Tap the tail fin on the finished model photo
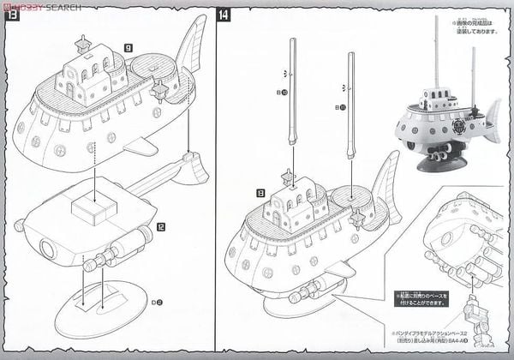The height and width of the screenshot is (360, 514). point(491,112)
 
